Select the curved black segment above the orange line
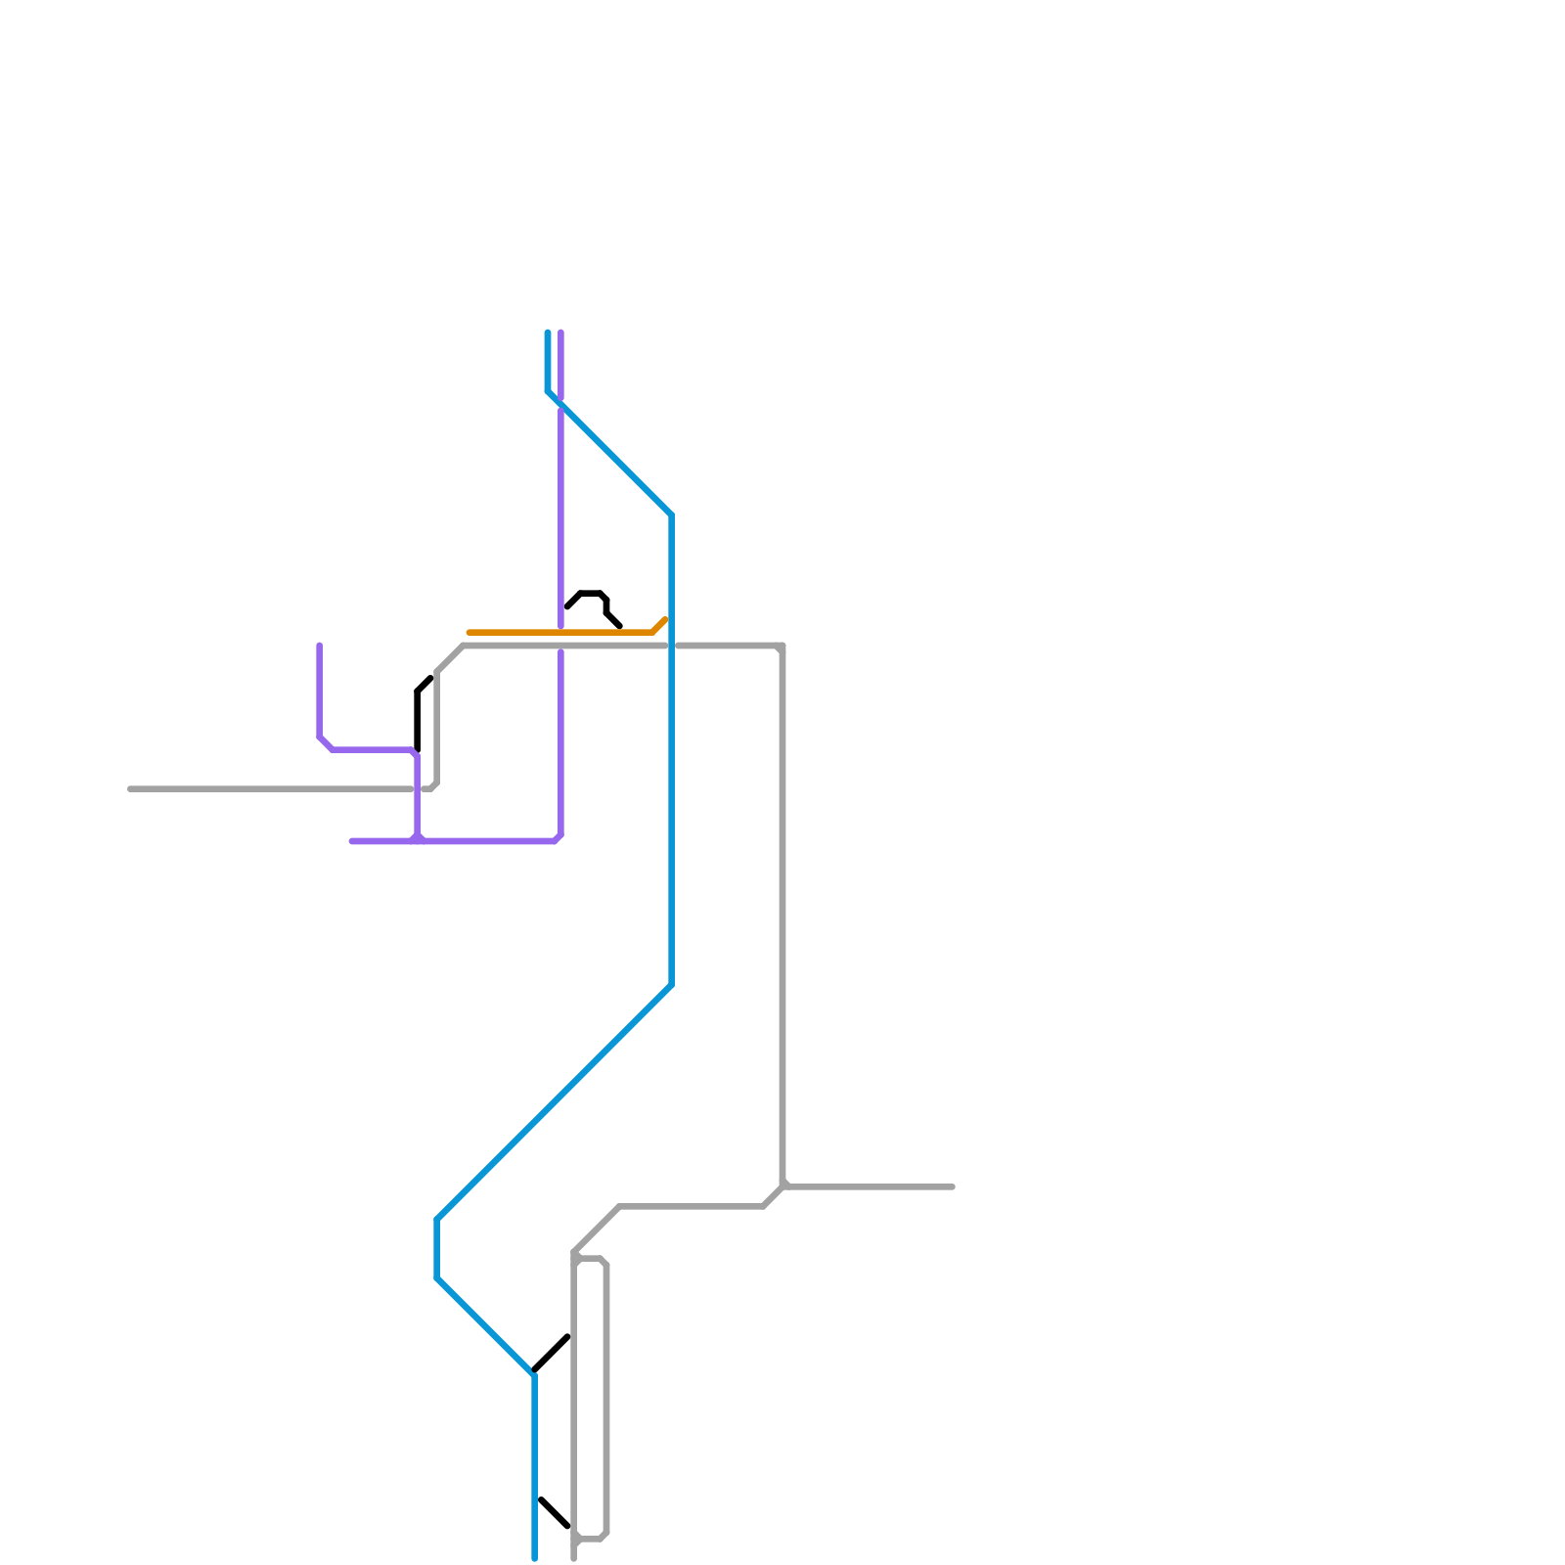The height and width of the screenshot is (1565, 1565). tap(593, 594)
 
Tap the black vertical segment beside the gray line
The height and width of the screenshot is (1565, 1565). tap(418, 719)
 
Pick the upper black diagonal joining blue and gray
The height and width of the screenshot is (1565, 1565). tap(552, 1354)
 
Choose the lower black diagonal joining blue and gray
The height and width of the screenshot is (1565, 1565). tap(555, 1512)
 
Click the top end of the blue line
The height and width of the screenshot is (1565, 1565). tap(548, 334)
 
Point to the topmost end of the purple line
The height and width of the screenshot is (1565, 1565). tap(560, 334)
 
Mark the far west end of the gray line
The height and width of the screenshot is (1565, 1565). tap(131, 788)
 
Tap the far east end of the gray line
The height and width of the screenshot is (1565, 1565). tap(952, 1186)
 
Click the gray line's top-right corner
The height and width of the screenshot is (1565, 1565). tap(782, 647)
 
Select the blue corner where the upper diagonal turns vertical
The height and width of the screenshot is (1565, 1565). tap(671, 515)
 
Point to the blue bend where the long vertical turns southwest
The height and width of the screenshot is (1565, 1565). tap(671, 985)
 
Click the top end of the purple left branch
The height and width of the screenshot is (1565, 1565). tap(320, 646)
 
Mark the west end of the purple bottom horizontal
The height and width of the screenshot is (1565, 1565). tap(352, 841)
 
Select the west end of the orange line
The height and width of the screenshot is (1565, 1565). tap(469, 633)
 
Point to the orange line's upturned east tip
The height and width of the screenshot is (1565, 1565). tap(665, 619)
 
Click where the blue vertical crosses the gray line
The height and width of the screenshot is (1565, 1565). tap(671, 646)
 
